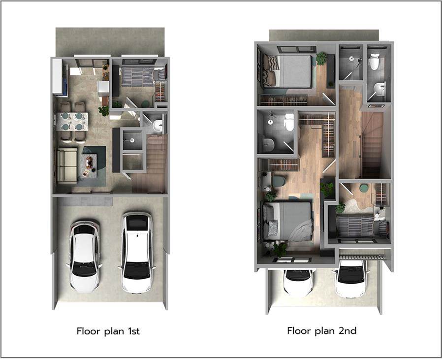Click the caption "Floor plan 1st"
pyautogui.click(x=108, y=331)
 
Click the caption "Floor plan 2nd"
pyautogui.click(x=322, y=330)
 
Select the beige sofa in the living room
pyautogui.click(x=67, y=166)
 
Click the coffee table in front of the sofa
pyautogui.click(x=89, y=166)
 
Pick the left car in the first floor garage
pyautogui.click(x=84, y=256)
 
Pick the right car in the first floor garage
pyautogui.click(x=137, y=253)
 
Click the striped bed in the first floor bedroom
pyautogui.click(x=143, y=76)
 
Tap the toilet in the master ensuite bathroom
pyautogui.click(x=289, y=122)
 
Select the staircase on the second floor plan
pyautogui.click(x=372, y=145)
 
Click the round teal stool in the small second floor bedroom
pyautogui.click(x=364, y=188)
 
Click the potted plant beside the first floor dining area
pyautogui.click(x=104, y=111)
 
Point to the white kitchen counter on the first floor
pyautogui.click(x=58, y=76)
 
